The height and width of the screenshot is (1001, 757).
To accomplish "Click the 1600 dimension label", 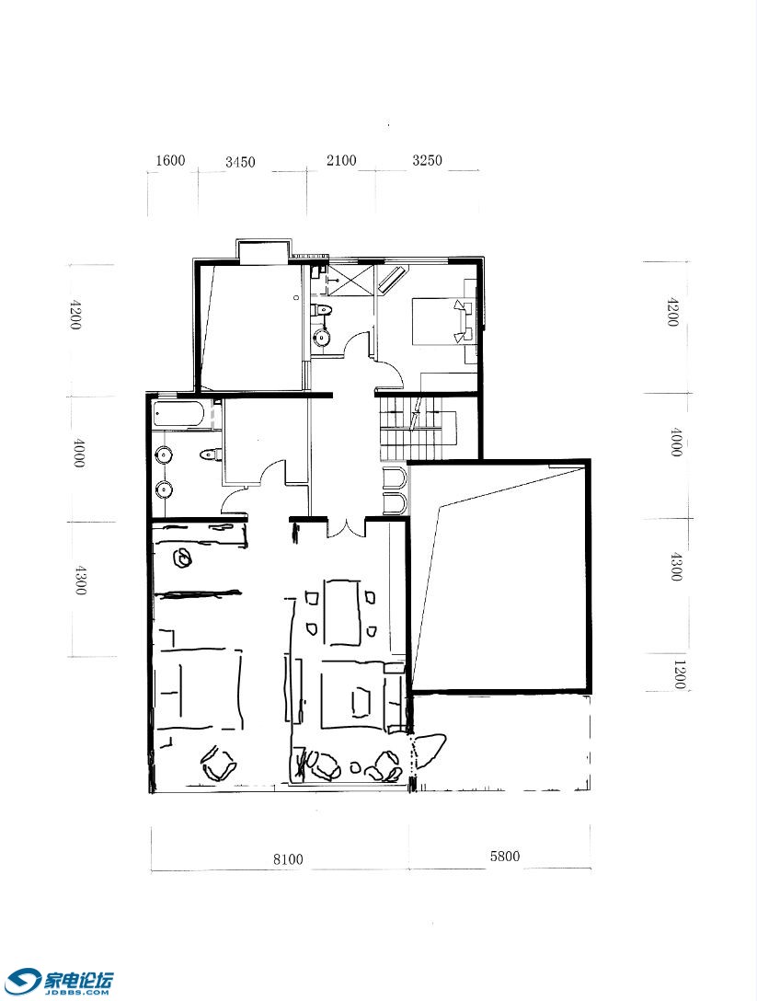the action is tap(170, 160).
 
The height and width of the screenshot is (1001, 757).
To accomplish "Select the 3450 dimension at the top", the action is tap(240, 162).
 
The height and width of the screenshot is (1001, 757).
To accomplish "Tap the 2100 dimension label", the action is tap(341, 160).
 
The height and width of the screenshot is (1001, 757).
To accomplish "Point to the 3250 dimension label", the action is tap(427, 160).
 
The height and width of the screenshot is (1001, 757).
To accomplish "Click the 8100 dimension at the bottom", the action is tap(288, 859).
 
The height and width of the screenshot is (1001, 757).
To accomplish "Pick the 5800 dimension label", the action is tap(505, 856).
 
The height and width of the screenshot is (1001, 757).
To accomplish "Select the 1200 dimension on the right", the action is tap(679, 674).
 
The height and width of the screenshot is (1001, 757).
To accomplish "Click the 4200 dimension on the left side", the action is tap(75, 314).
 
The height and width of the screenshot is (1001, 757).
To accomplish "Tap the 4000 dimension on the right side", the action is tap(676, 442).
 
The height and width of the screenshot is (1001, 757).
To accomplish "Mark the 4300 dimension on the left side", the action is tap(79, 580).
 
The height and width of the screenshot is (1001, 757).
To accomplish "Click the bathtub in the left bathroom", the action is tap(180, 416).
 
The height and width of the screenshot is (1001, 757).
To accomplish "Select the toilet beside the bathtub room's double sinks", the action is tap(210, 454).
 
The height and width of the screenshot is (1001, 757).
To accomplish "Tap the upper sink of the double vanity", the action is tap(164, 454).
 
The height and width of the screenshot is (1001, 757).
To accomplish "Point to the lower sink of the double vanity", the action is tap(164, 489).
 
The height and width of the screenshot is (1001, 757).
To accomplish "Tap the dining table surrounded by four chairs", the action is tap(343, 612).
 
